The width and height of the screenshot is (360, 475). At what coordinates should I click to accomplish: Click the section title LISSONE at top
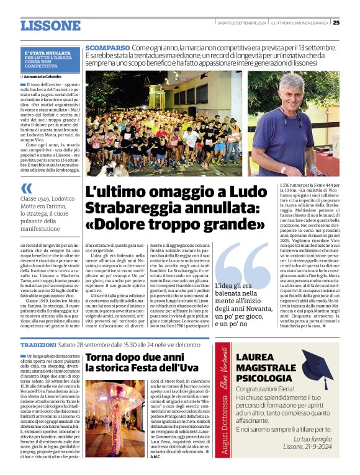click(x=50, y=25)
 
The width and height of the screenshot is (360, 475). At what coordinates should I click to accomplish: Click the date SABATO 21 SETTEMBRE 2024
click(x=242, y=23)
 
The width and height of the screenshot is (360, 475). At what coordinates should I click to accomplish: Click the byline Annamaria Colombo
click(x=44, y=77)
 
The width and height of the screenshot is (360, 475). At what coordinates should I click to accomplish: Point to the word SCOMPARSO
click(x=107, y=48)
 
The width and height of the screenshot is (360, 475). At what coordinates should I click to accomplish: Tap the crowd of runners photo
click(x=164, y=123)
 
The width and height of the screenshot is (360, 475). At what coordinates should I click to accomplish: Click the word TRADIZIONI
click(x=38, y=344)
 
